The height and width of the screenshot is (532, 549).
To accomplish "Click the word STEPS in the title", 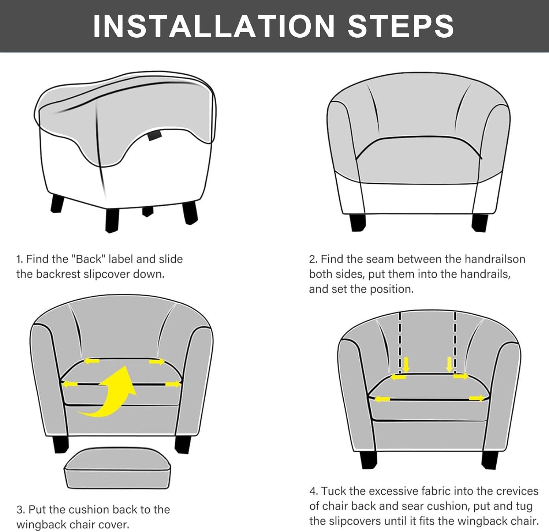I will [x=401, y=26].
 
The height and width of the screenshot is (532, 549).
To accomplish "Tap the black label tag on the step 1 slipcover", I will [x=154, y=136].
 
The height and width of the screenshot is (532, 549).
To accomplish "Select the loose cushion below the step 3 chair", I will [x=117, y=468].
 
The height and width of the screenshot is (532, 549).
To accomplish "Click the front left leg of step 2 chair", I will [x=358, y=222].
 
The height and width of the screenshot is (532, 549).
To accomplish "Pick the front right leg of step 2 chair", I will [x=480, y=222].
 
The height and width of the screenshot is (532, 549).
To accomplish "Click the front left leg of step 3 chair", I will [x=60, y=444].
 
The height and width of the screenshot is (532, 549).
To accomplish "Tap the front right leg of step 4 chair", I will [x=489, y=460].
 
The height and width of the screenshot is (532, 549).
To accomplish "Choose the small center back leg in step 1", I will [x=147, y=211].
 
